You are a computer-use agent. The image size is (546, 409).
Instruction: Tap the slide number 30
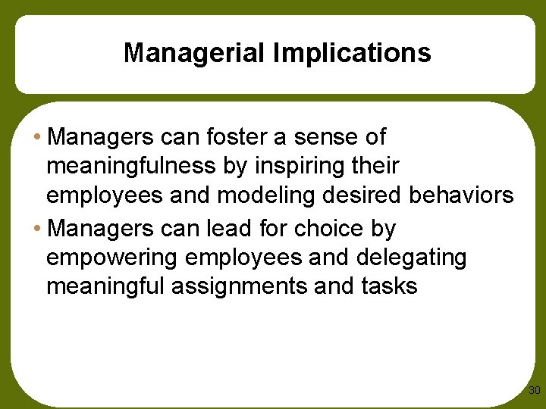(534, 391)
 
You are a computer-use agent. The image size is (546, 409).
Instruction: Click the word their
(380, 166)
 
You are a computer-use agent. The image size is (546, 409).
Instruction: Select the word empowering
(111, 258)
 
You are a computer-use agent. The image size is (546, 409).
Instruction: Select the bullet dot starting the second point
(37, 229)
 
